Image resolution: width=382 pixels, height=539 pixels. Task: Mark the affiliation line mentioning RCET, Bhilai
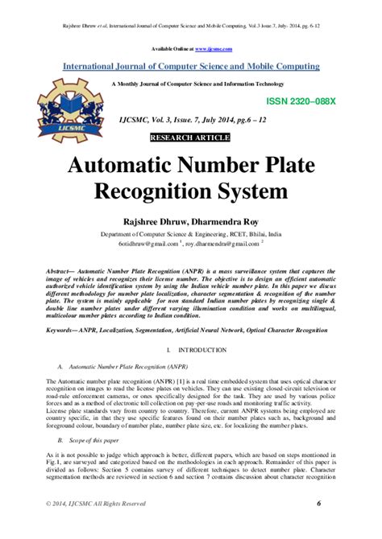point(190,232)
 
